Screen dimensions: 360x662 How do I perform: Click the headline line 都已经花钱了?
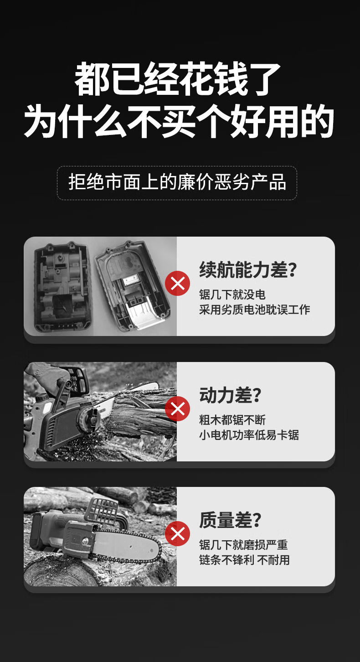[x=177, y=78]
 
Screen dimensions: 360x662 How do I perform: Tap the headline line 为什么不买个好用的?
[x=179, y=121]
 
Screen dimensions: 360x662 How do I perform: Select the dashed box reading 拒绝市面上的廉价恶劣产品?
[x=177, y=183]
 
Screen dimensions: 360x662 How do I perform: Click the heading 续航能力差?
[x=248, y=269]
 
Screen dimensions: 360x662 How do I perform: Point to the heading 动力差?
[x=230, y=395]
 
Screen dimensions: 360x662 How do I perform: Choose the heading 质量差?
[x=230, y=520]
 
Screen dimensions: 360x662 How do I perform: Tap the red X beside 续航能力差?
[x=177, y=283]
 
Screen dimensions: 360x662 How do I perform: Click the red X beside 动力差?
[x=177, y=409]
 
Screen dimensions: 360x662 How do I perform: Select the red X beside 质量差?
[x=177, y=534]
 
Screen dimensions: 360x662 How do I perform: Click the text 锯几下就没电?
[x=232, y=295]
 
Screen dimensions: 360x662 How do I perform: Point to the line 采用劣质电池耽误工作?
[x=255, y=310]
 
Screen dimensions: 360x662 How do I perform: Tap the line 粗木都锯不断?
[x=232, y=419]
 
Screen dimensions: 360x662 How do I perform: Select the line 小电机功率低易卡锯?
[x=249, y=435]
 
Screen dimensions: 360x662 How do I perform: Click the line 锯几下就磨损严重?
[x=243, y=545]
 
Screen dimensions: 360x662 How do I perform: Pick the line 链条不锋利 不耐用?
[x=244, y=560]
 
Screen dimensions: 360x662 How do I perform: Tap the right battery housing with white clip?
[x=132, y=285]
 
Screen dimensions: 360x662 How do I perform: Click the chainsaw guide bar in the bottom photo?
[x=127, y=545]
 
